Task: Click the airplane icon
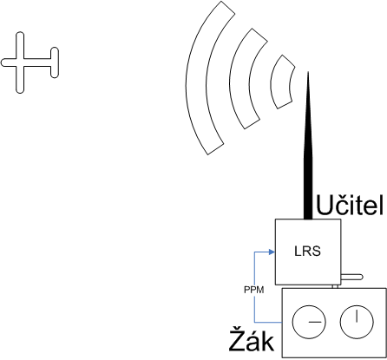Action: coord(20,62)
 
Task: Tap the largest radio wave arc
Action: coord(197,78)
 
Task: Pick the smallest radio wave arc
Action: coord(276,82)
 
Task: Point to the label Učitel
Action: coord(350,206)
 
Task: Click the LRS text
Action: coord(307,252)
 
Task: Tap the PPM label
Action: coord(254,290)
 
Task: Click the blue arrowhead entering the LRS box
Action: coord(272,252)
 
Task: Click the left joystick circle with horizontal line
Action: coord(309,322)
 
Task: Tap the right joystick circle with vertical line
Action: coord(357,322)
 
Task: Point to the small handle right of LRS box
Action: coord(351,277)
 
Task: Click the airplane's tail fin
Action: coord(55,62)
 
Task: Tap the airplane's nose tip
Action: coord(2,62)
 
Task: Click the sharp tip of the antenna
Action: coord(308,72)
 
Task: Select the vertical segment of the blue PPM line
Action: coord(254,287)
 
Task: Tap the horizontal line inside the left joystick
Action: coord(314,322)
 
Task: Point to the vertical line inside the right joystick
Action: coord(357,316)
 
